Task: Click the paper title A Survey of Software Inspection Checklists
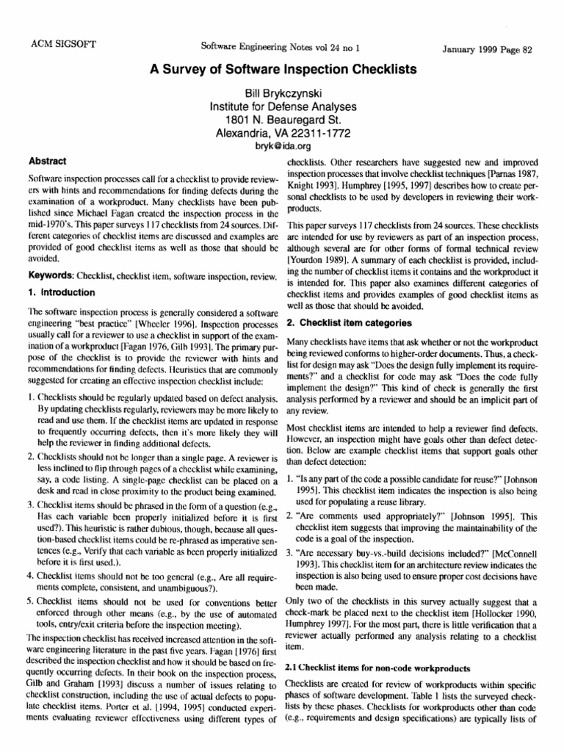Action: pyautogui.click(x=283, y=70)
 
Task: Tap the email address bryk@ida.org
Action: pyautogui.click(x=283, y=146)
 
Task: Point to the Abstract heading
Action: pyautogui.click(x=47, y=161)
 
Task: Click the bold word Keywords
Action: pyautogui.click(x=51, y=275)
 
